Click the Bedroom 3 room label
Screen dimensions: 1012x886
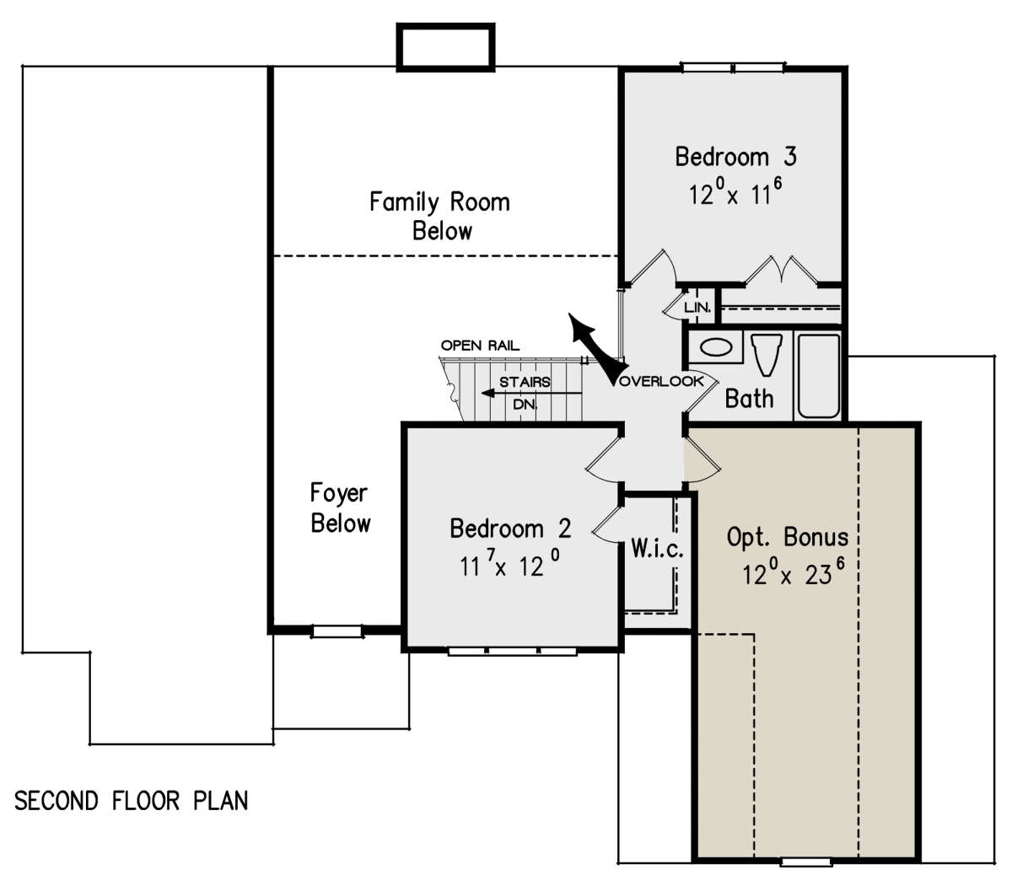tap(735, 157)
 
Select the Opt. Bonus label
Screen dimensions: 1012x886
tap(788, 538)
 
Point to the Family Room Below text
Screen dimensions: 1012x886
tap(439, 216)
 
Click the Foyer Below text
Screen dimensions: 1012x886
tap(340, 507)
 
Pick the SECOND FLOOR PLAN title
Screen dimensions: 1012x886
tap(131, 801)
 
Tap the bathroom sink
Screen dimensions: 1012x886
tap(716, 347)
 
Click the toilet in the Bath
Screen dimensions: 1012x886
tap(767, 354)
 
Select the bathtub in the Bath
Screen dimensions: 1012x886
tap(819, 376)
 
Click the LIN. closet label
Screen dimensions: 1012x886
tap(697, 307)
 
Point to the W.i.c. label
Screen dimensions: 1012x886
tap(657, 548)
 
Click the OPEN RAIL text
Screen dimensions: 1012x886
tap(481, 345)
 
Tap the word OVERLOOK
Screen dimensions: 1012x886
tap(661, 381)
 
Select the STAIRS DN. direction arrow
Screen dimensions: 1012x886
tap(531, 393)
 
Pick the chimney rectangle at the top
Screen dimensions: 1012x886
tap(445, 47)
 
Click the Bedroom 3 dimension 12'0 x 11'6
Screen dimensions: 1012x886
tap(735, 192)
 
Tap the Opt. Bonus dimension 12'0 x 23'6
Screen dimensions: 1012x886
tap(794, 573)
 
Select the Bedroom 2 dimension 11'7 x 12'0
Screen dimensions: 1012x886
tap(510, 563)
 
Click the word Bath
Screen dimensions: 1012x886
tap(749, 399)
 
